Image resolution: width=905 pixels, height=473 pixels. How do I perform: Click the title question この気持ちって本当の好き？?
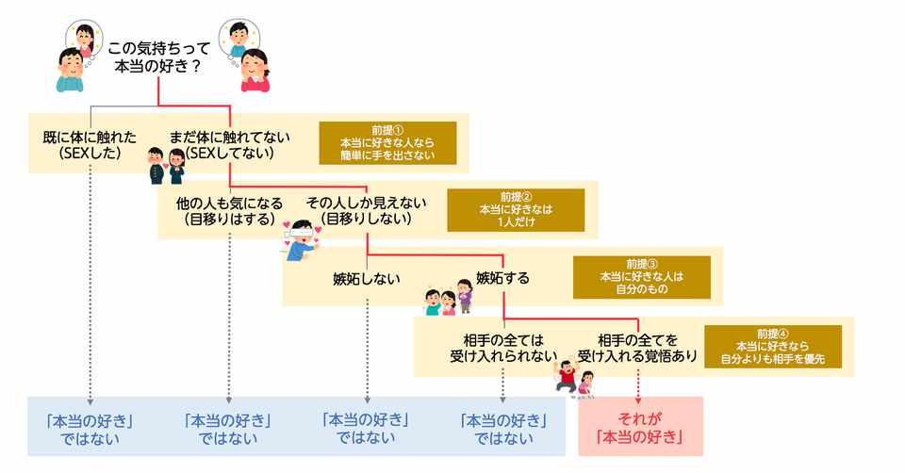pyautogui.click(x=156, y=57)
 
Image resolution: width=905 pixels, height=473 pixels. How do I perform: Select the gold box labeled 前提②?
pyautogui.click(x=515, y=211)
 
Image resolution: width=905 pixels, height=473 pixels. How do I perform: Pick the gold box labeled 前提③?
pyautogui.click(x=641, y=277)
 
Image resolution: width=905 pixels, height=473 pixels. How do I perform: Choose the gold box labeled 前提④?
pyautogui.click(x=772, y=346)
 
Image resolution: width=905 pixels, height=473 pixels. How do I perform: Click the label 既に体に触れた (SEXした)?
pyautogui.click(x=90, y=143)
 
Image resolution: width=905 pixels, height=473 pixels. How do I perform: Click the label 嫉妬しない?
pyautogui.click(x=367, y=278)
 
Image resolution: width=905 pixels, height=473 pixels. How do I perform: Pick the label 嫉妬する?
pyautogui.click(x=502, y=278)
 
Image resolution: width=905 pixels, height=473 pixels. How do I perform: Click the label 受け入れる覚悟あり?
pyautogui.click(x=637, y=355)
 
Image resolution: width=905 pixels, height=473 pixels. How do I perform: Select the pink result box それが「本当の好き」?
pyautogui.click(x=641, y=427)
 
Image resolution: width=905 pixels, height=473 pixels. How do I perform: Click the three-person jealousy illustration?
pyautogui.click(x=449, y=296)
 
